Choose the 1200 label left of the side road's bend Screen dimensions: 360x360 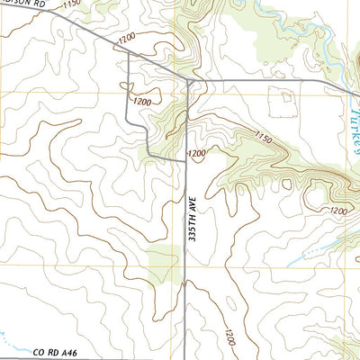point(141,102)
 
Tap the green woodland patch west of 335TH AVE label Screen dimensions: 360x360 point(164,261)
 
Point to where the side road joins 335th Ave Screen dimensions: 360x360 point(186,159)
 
